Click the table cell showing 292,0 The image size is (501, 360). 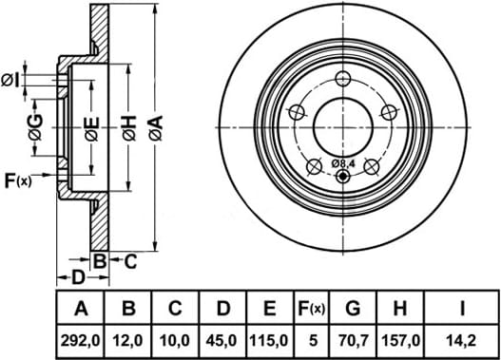pyautogui.click(x=81, y=341)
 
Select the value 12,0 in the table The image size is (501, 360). pyautogui.click(x=127, y=341)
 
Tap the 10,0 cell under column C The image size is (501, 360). pyautogui.click(x=175, y=341)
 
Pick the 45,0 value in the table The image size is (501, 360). pyautogui.click(x=222, y=341)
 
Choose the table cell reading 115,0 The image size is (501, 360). pyautogui.click(x=269, y=341)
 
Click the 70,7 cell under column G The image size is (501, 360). pyautogui.click(x=353, y=341)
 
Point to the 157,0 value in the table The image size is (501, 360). pyautogui.click(x=400, y=341)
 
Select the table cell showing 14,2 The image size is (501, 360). pyautogui.click(x=462, y=341)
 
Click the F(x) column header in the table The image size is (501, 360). pyautogui.click(x=311, y=309)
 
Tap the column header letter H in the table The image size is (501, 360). pyautogui.click(x=400, y=309)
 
